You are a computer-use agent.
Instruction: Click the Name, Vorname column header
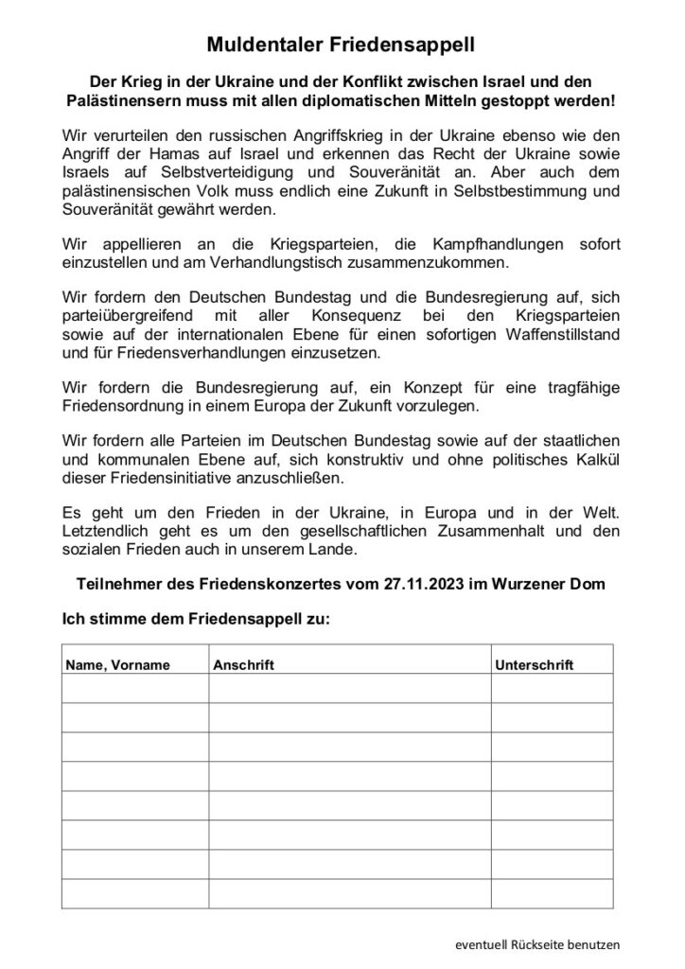click(118, 665)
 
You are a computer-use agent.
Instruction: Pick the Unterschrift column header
click(535, 665)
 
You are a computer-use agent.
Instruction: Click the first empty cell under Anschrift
click(349, 688)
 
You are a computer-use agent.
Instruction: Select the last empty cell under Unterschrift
click(552, 893)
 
